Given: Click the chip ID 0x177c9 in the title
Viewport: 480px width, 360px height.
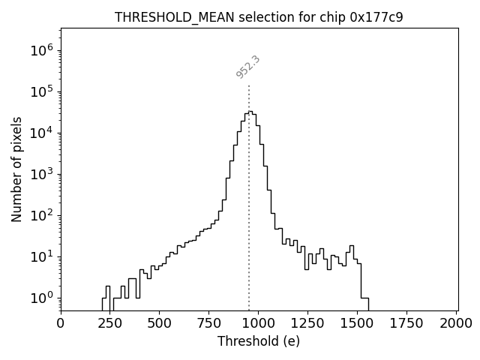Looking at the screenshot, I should click(376, 17).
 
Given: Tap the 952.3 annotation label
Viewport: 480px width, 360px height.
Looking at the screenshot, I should click(247, 67).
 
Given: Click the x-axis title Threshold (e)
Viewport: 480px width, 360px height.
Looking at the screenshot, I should click(259, 341).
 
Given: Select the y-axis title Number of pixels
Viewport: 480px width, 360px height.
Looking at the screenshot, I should click(17, 169).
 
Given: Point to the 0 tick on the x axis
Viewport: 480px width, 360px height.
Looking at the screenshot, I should click(61, 323).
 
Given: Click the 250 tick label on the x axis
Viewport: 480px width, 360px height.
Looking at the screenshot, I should click(110, 323).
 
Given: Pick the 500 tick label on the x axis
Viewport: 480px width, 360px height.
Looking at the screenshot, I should click(160, 323).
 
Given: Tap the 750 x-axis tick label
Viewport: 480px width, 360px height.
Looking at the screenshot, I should click(209, 323).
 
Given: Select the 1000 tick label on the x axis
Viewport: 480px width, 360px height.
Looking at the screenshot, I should click(259, 323).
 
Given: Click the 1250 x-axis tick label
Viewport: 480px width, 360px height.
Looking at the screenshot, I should click(308, 323).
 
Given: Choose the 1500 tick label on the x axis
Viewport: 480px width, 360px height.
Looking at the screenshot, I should click(358, 323).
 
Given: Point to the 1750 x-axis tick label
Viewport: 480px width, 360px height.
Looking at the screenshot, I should click(407, 323).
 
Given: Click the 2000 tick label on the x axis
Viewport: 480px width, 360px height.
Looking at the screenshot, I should click(456, 323).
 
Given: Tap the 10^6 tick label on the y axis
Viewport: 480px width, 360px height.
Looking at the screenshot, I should click(41, 50).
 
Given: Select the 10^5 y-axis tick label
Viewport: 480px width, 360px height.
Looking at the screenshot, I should click(41, 91).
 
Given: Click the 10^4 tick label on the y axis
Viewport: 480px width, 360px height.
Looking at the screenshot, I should click(41, 133).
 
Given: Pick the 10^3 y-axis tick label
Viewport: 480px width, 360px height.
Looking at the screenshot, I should click(41, 174).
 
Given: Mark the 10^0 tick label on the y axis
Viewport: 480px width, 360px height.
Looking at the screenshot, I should click(41, 298).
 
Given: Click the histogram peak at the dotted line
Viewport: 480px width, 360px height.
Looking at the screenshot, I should click(250, 112).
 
